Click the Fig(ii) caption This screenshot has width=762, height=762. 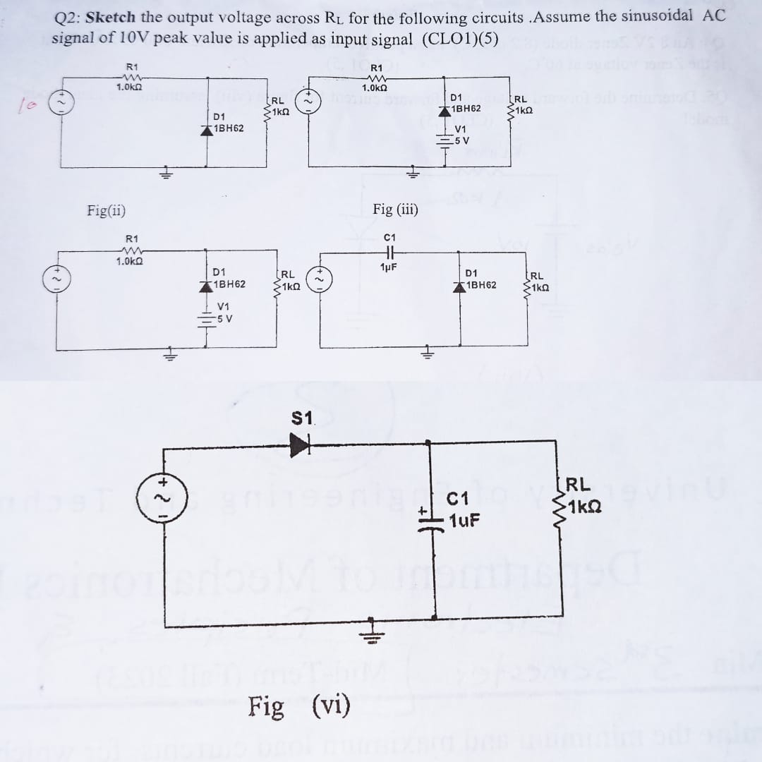pyautogui.click(x=107, y=210)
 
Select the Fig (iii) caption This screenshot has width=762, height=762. pyautogui.click(x=395, y=209)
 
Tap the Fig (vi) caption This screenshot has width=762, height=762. pyautogui.click(x=299, y=706)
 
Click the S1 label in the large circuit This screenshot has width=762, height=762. pyautogui.click(x=302, y=418)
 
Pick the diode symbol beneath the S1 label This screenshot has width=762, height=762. pyautogui.click(x=300, y=444)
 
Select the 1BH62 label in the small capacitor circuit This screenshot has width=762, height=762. pyautogui.click(x=480, y=285)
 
